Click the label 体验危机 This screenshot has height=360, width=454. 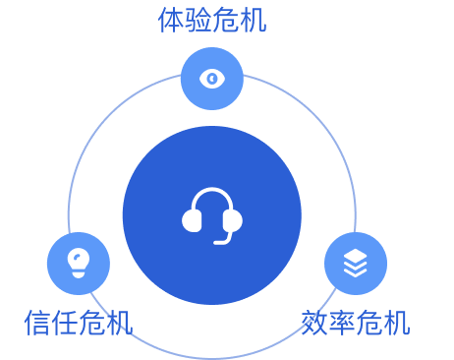(212, 20)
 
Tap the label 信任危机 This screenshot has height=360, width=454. (78, 323)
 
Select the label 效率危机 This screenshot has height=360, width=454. (356, 323)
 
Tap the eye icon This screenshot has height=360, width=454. (212, 79)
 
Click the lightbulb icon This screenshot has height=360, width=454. (78, 263)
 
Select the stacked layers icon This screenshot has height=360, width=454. (355, 263)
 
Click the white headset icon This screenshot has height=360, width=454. (212, 214)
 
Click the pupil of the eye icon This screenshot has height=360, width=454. (212, 79)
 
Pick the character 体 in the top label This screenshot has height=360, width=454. (171, 20)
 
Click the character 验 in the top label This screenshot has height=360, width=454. (199, 20)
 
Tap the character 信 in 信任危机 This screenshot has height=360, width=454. (37, 323)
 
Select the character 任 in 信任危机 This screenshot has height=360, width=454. (65, 323)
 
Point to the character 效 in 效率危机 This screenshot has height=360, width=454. (314, 323)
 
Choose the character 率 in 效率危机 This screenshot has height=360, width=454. (342, 323)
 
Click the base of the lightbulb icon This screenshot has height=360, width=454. (78, 272)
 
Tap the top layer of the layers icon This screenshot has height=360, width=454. (355, 256)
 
